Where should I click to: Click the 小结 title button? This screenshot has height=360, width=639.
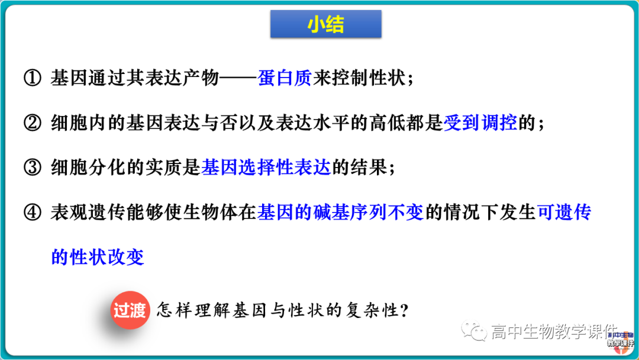click(x=325, y=24)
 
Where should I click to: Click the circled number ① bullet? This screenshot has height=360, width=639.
click(x=32, y=79)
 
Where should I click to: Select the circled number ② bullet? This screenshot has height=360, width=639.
click(x=32, y=123)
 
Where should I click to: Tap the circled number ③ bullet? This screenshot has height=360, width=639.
click(x=32, y=168)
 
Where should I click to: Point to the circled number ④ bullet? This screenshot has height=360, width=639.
click(x=32, y=213)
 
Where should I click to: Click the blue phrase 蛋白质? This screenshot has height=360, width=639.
click(x=285, y=79)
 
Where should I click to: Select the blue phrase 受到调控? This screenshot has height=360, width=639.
click(x=480, y=123)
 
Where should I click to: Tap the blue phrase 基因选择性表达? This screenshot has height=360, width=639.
click(x=266, y=168)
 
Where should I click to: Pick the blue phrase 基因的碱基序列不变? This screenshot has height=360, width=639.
click(x=341, y=213)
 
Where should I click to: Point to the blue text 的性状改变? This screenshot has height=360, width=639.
click(x=98, y=257)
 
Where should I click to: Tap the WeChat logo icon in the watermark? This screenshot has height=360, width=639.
click(x=475, y=332)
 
